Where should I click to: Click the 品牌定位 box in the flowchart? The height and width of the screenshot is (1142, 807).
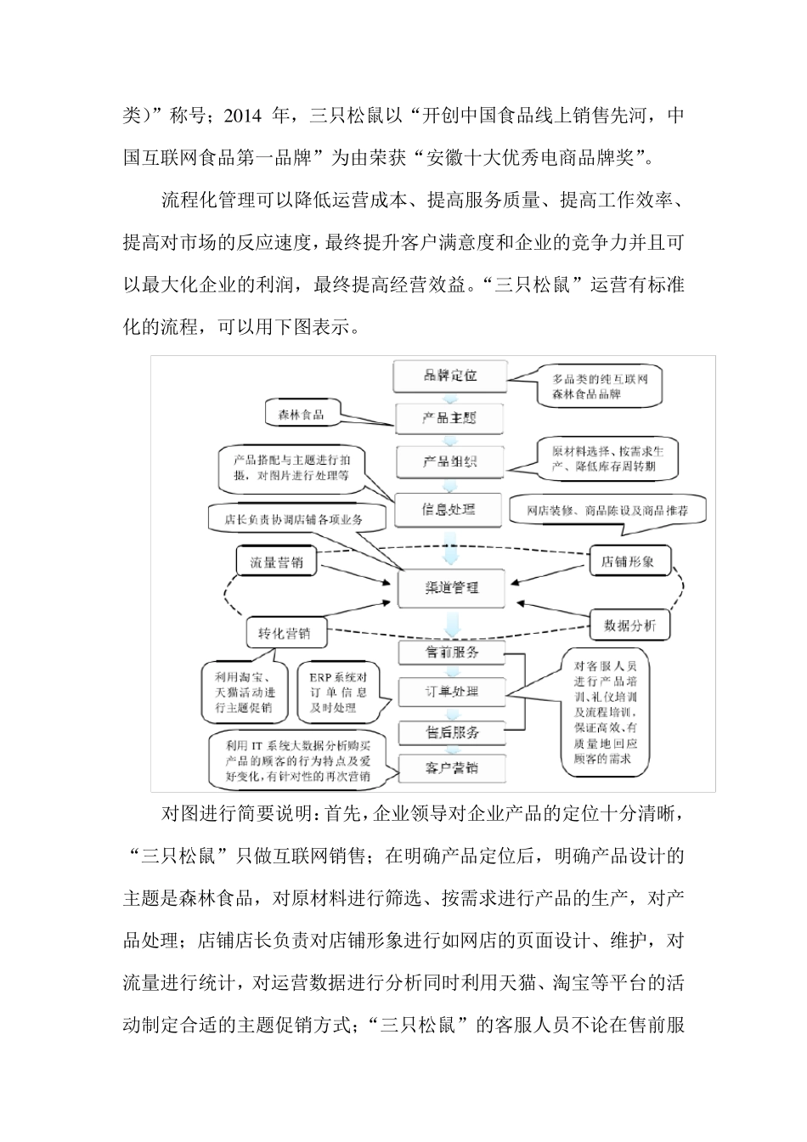click(450, 375)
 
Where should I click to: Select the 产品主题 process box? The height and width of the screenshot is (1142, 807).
click(450, 418)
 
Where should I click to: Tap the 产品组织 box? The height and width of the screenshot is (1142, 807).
click(450, 461)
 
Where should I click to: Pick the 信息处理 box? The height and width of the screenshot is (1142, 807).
click(449, 510)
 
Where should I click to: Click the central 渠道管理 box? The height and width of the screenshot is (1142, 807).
click(451, 587)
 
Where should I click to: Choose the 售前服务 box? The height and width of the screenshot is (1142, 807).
click(451, 652)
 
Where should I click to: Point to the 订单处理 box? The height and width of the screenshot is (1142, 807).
click(451, 691)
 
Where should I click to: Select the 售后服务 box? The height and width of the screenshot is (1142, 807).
click(451, 731)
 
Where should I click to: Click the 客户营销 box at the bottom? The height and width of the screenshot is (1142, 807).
click(451, 768)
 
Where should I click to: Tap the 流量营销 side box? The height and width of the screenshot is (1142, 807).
click(275, 562)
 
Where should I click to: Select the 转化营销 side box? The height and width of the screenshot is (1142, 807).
click(284, 633)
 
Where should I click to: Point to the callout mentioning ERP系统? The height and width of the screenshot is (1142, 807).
click(339, 692)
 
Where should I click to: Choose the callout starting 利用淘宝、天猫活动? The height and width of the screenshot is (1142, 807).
click(245, 692)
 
